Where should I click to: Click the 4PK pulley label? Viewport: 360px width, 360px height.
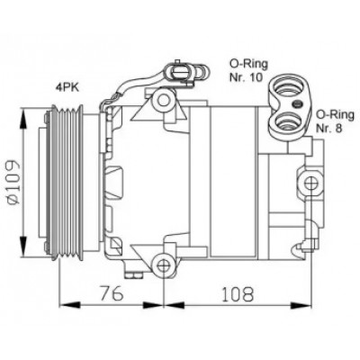67,87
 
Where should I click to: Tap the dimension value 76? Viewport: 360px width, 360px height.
112,293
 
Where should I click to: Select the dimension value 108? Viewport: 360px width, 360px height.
238,293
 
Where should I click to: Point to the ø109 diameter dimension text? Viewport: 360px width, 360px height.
13,182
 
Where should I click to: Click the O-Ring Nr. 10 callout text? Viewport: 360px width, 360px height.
248,70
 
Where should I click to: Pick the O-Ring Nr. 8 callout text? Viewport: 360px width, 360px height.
336,121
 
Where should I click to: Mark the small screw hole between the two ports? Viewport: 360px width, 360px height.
297,104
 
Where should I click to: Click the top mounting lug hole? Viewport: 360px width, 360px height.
164,100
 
